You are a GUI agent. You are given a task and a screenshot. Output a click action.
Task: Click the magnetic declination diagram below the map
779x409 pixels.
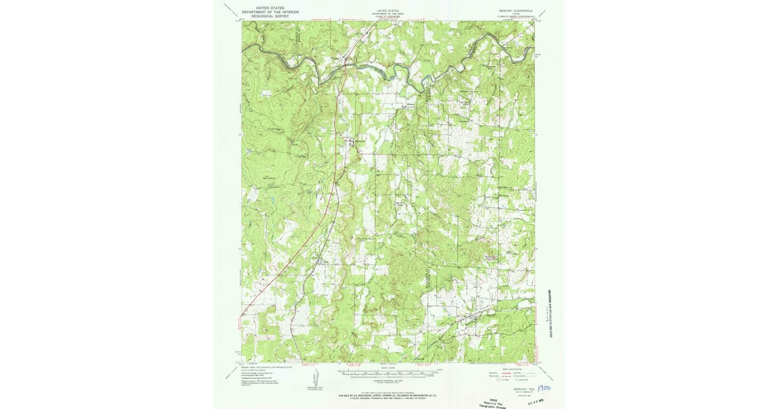[315, 378]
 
